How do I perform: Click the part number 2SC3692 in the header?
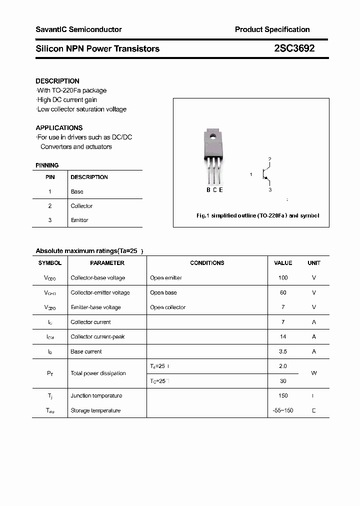tap(294, 48)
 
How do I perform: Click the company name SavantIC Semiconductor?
tap(78, 29)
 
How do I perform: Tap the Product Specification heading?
tap(272, 29)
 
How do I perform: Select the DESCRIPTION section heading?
tap(57, 81)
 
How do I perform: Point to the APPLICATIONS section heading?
tap(59, 127)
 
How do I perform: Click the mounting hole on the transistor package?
tap(212, 135)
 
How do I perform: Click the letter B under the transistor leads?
tap(208, 189)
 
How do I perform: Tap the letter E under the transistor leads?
tap(221, 189)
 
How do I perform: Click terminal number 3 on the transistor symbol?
tap(270, 190)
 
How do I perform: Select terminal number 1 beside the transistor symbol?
tap(251, 174)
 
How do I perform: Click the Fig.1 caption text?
tap(257, 215)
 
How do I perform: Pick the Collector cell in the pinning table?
tap(81, 206)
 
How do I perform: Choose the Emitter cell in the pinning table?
tap(79, 220)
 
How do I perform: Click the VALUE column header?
tap(283, 263)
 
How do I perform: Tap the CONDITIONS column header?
tap(207, 263)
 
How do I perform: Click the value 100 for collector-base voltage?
tap(283, 277)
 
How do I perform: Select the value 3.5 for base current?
tap(283, 351)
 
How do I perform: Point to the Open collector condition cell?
tap(167, 307)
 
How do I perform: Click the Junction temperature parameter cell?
tap(96, 395)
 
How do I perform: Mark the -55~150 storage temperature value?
tap(283, 410)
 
